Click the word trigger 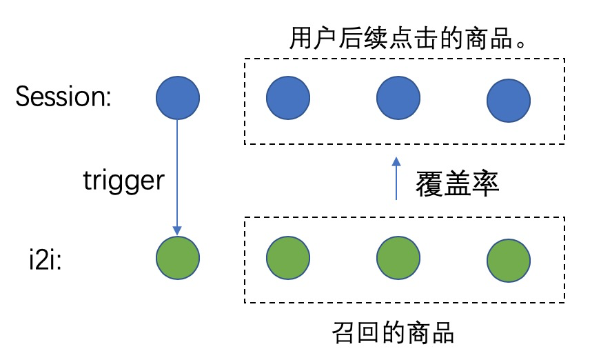coord(124,180)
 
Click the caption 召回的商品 coord(393,334)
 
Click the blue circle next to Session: coord(177,98)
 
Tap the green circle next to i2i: coord(177,259)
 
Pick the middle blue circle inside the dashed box coord(398,98)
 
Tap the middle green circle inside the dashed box coord(398,259)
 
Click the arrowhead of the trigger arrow coord(177,230)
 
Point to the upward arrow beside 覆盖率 coord(396,179)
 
